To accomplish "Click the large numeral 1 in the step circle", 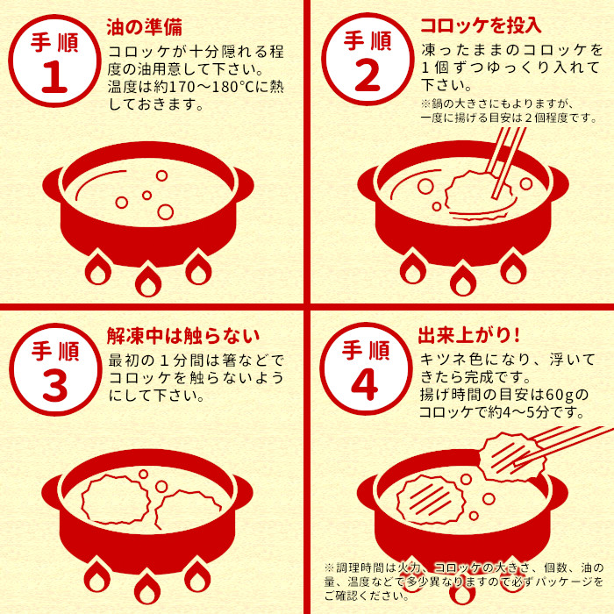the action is coord(54,77).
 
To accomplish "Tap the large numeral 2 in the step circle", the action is coord(368,75).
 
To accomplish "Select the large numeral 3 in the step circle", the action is coord(54,386).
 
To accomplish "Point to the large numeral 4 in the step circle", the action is coord(365,385).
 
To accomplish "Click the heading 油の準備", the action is coord(145,27).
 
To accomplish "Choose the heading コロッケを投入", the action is coord(481,25).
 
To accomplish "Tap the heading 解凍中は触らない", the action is coord(183,336).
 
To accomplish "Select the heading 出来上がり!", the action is coord(469,335).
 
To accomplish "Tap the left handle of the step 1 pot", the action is coord(53,185).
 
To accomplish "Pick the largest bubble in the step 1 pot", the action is coord(165,212).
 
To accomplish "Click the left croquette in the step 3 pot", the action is coord(116,499).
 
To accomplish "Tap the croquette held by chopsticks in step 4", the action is coord(512,456).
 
